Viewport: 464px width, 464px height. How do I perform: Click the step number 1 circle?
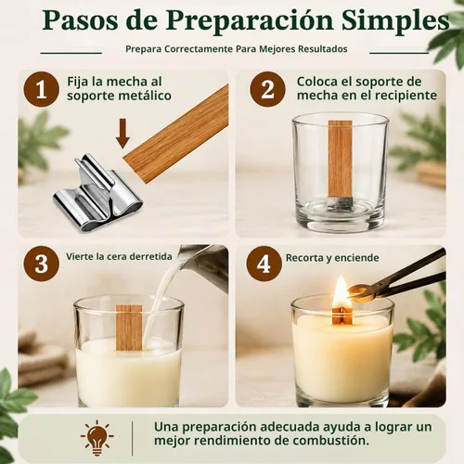tap(42, 89)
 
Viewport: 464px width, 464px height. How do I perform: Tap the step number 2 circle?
tap(267, 89)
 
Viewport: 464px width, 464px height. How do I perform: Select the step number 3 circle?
tap(42, 264)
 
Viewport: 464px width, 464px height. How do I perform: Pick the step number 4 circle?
tap(264, 264)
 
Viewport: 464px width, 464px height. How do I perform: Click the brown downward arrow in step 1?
tap(122, 133)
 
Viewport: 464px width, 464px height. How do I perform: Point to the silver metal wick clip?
tap(97, 192)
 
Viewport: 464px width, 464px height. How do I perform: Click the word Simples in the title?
tap(395, 20)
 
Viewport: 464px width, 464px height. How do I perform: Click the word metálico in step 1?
tap(145, 96)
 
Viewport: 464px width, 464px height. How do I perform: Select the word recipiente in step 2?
tap(405, 96)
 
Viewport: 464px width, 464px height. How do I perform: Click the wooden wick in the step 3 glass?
tap(129, 328)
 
